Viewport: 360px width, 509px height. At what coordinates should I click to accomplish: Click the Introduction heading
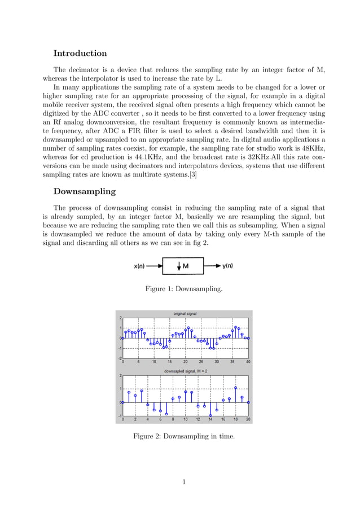coord(80,54)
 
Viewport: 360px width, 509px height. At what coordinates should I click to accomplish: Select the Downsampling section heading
coord(84,191)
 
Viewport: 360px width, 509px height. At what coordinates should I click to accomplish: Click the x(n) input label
coord(141,266)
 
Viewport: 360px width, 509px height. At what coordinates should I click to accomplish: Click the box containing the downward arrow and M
coord(182,266)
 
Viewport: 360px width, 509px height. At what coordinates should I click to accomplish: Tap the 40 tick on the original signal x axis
coord(248,362)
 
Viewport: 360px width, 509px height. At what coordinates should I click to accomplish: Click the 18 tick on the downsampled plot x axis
coord(236,420)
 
